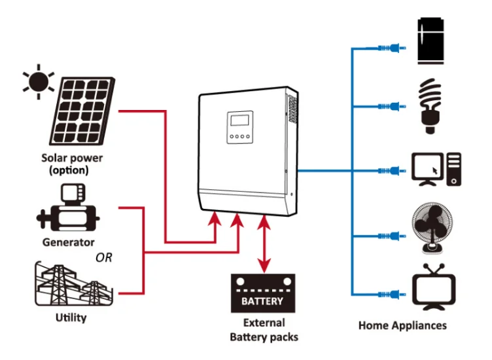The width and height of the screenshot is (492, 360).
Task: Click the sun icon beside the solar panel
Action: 37,81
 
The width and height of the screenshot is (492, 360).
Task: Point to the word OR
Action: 104,257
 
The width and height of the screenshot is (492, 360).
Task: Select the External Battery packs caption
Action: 264,330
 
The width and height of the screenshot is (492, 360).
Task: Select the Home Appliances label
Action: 402,325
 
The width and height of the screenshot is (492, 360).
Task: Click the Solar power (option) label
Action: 72,164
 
